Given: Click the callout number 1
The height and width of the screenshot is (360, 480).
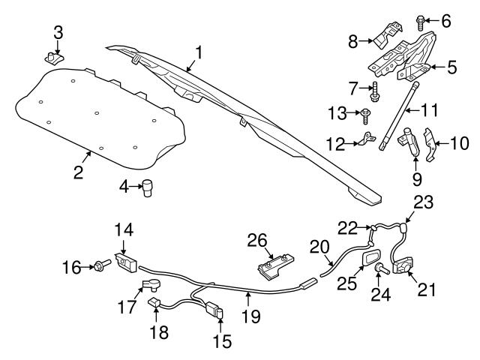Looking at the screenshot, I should click(199, 52).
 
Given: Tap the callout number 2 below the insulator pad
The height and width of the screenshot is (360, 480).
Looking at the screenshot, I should click(78, 172).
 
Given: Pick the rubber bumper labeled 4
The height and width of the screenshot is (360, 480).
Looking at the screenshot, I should click(150, 187).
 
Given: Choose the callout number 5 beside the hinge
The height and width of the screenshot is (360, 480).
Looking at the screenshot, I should click(452, 67).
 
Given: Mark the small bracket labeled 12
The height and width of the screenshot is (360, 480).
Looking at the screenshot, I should click(366, 139).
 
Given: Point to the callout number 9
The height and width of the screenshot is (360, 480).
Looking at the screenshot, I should click(417, 179).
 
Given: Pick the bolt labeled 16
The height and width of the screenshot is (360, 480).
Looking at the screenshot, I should click(101, 264).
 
